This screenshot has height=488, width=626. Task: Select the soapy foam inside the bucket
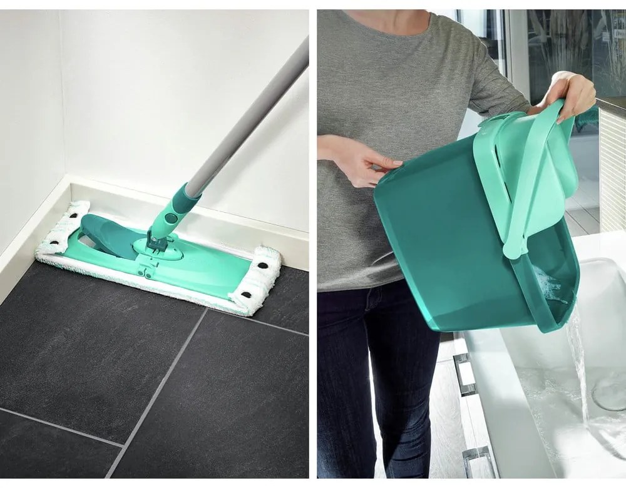click(551, 285)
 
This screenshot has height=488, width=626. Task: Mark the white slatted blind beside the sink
click(612, 169)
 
